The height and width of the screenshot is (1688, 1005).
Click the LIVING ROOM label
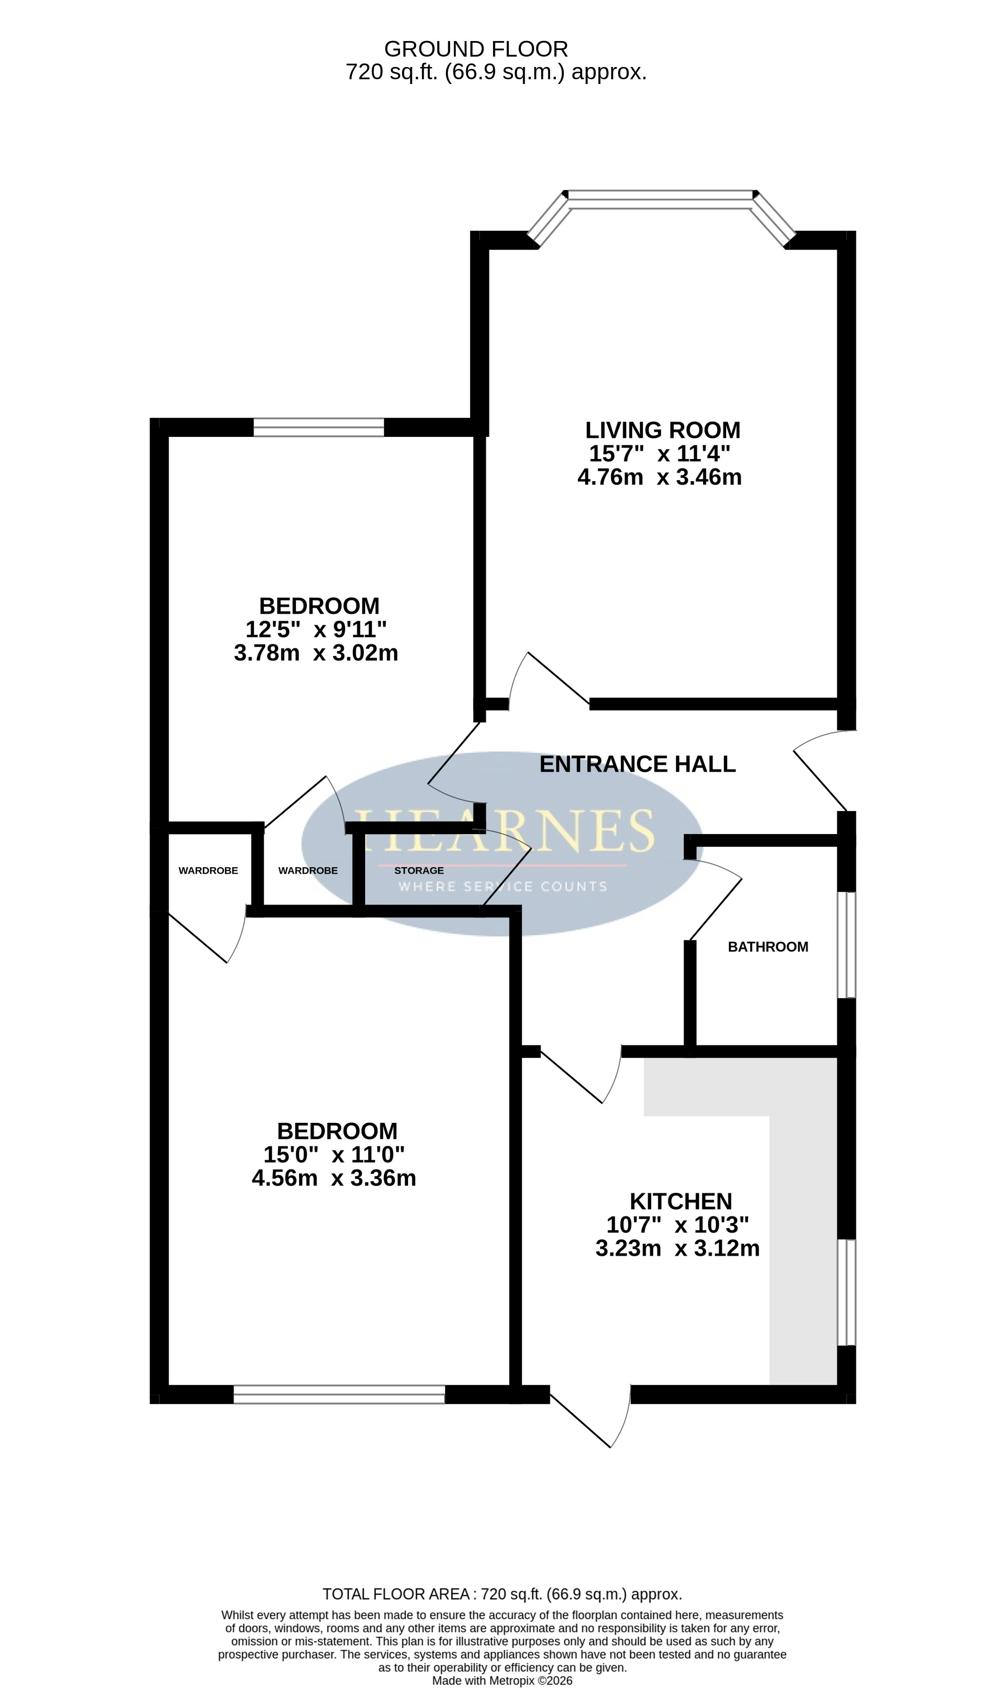pyautogui.click(x=662, y=430)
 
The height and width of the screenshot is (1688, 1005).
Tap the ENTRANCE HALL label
pyautogui.click(x=637, y=764)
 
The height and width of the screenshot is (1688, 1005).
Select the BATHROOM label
pyautogui.click(x=768, y=946)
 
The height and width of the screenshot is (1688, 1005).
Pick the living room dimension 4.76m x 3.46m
pyautogui.click(x=660, y=477)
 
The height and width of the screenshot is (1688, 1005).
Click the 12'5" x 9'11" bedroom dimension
pyautogui.click(x=316, y=629)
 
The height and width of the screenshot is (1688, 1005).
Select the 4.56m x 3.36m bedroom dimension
pyautogui.click(x=334, y=1178)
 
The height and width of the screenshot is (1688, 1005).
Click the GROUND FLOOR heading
pyautogui.click(x=476, y=49)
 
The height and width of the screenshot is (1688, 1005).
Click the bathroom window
pyautogui.click(x=846, y=944)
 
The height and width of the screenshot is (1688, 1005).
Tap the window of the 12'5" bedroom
pyautogui.click(x=318, y=427)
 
